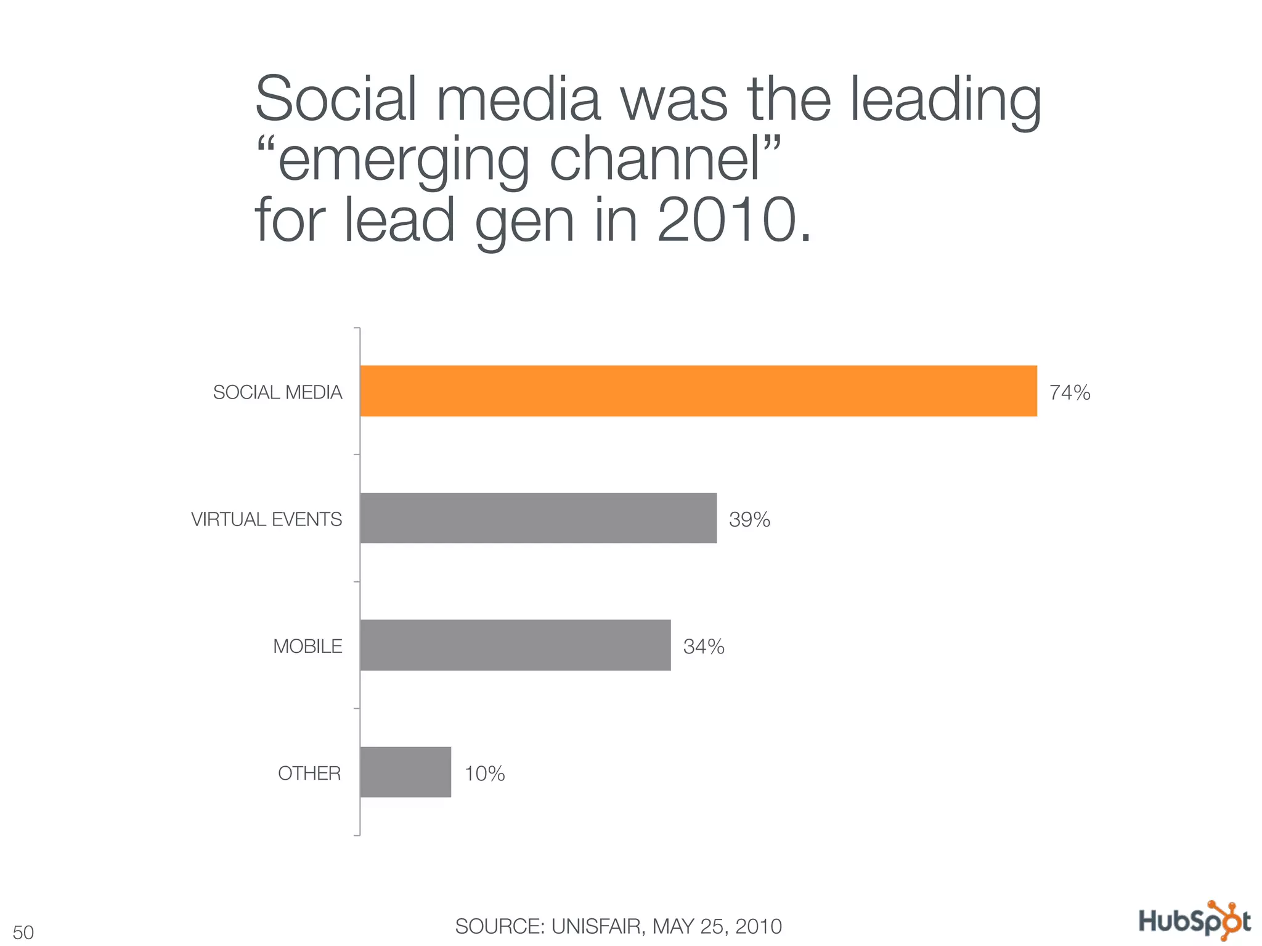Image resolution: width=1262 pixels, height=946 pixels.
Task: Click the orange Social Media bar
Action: pos(698,391)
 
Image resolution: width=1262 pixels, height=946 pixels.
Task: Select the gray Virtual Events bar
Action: pos(538,518)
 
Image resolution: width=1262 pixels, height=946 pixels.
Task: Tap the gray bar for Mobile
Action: pos(515,645)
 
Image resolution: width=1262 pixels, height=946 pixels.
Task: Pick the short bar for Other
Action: pos(405,772)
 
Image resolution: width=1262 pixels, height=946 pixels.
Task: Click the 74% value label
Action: pos(1070,392)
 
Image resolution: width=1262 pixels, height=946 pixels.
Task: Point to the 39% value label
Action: pos(749,520)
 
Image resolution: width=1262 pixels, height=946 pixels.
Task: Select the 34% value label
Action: pos(704,647)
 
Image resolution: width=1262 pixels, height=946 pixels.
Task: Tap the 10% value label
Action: pos(484,774)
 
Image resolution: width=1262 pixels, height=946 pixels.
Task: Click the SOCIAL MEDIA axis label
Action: pos(277,392)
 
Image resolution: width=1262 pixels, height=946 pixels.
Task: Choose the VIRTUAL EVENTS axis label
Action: pos(266,519)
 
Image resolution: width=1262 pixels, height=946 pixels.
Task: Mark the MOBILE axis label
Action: pos(307,646)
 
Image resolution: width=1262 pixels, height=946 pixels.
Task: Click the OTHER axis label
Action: pos(309,773)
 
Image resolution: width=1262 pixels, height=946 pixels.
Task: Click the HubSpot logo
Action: pos(1194,921)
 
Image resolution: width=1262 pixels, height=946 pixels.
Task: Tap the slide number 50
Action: pos(23,932)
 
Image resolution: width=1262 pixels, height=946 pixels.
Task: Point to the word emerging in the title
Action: pos(403,160)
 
